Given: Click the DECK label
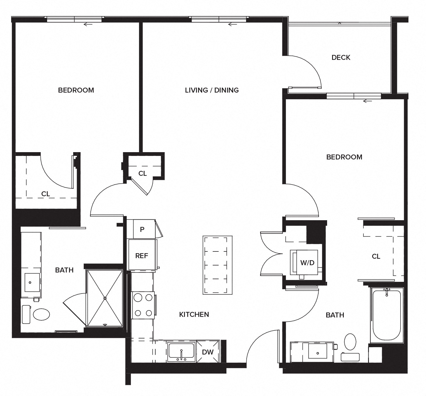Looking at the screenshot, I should point(341,58).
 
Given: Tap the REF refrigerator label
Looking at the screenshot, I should point(142,256).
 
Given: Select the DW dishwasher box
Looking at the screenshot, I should point(208,352).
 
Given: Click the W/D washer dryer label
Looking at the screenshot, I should point(307,263).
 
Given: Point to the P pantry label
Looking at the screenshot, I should point(142,230).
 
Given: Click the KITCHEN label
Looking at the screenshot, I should point(194,315).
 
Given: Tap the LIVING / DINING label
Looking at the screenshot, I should point(212,90).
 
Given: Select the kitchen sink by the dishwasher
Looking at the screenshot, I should point(181,351).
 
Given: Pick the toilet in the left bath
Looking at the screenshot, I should point(41,315).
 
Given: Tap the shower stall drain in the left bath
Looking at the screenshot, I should point(105,298).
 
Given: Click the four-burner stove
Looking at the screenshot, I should point(143,305).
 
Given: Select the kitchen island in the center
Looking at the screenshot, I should point(217,265).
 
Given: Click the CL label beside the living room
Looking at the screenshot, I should point(142,173).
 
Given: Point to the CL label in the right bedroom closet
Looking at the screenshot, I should point(376,256).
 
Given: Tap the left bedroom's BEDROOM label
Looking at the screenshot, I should point(76,90).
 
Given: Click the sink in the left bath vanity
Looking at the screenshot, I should point(32,282).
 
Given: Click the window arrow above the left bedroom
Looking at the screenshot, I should point(88,25).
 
